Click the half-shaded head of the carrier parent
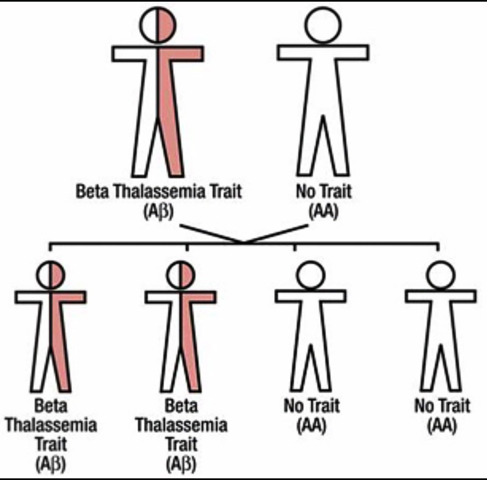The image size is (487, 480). tap(157, 25)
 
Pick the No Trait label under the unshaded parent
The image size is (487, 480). tap(324, 192)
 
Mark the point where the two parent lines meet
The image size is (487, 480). tap(244, 242)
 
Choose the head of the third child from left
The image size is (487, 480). tap(311, 275)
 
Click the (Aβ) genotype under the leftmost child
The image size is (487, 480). tap(51, 463)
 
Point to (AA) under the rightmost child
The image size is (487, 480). tap(442, 425)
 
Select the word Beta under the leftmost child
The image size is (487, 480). tap(51, 406)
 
